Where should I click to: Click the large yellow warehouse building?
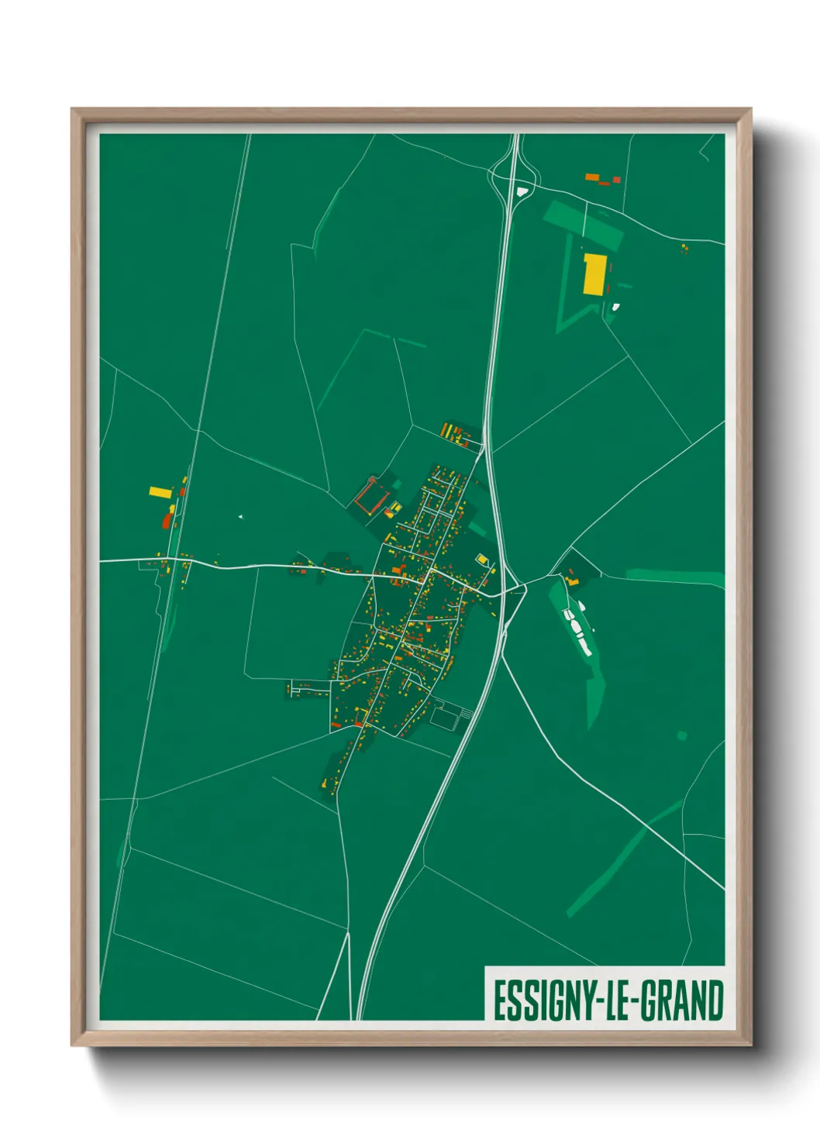click(x=594, y=274)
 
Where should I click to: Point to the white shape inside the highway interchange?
click(x=522, y=189)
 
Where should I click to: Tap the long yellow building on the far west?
click(x=160, y=491)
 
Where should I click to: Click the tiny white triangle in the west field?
click(x=241, y=516)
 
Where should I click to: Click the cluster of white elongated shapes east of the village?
click(x=577, y=629)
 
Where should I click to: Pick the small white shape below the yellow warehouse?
click(x=615, y=307)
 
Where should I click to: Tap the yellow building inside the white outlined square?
click(x=481, y=559)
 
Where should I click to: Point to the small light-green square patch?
click(x=682, y=735)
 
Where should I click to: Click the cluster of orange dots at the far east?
click(x=684, y=248)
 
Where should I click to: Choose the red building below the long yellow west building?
click(x=167, y=519)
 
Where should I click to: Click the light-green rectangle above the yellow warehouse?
click(x=584, y=223)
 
